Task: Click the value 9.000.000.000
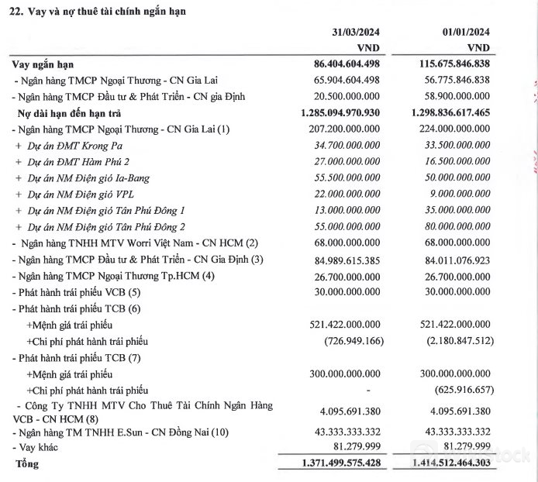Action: (457, 194)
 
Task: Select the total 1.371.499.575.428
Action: (329, 464)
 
